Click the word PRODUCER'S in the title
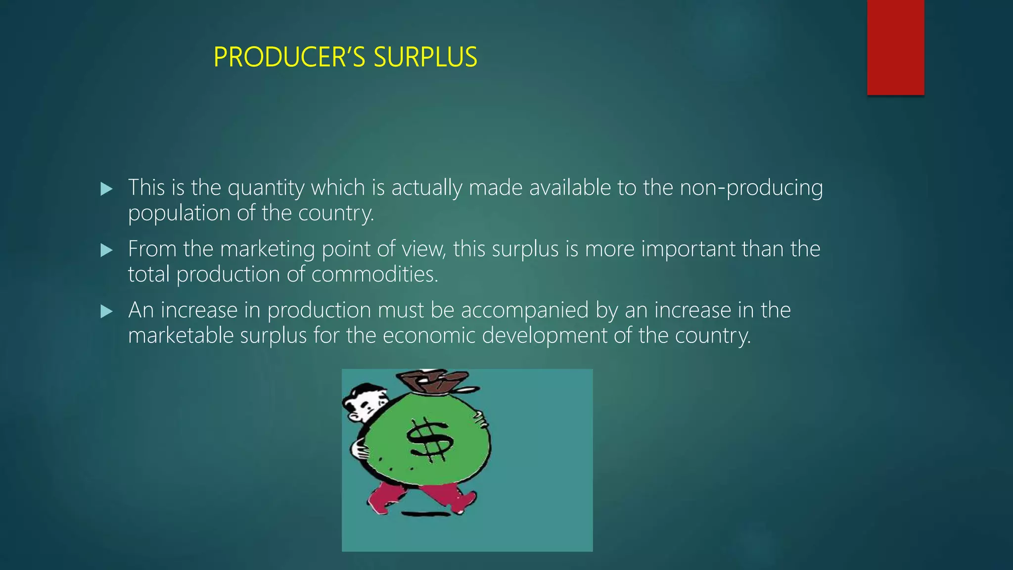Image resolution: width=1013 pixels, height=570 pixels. (289, 57)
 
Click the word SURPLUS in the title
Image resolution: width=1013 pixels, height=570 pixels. (425, 57)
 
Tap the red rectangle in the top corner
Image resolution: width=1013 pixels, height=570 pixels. (895, 47)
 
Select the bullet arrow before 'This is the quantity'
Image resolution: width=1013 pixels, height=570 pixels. (106, 189)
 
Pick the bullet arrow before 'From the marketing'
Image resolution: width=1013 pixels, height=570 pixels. (106, 250)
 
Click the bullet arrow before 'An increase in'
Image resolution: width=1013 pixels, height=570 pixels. (106, 311)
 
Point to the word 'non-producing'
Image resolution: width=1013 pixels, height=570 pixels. (751, 188)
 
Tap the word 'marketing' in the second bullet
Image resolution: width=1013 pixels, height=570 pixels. (267, 249)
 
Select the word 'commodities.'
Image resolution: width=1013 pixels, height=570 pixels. (374, 275)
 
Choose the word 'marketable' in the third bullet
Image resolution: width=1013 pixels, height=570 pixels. (181, 336)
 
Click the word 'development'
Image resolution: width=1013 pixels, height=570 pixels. (544, 336)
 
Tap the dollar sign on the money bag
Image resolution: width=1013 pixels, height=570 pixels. (428, 439)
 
